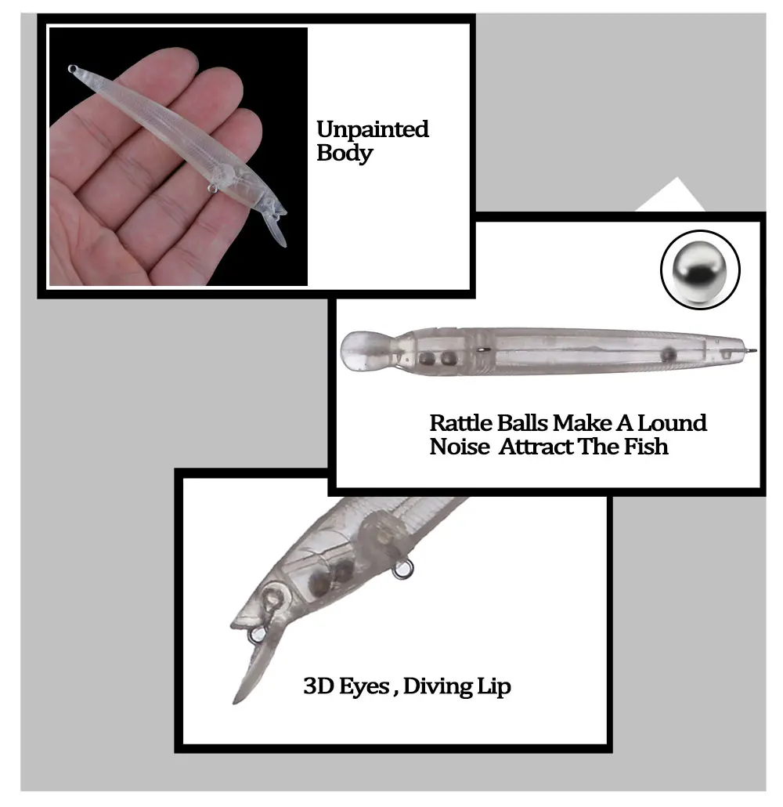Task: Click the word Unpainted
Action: click(373, 129)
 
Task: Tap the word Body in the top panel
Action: click(345, 154)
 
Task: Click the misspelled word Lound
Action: click(672, 423)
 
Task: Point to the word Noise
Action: click(460, 447)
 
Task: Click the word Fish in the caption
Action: click(646, 447)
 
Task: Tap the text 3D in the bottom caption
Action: click(317, 686)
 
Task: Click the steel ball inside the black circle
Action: click(700, 270)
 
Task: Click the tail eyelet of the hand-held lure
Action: click(73, 68)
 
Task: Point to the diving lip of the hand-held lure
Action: click(276, 230)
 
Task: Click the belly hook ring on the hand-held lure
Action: click(212, 188)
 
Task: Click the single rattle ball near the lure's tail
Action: click(668, 353)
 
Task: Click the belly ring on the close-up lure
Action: click(402, 570)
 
